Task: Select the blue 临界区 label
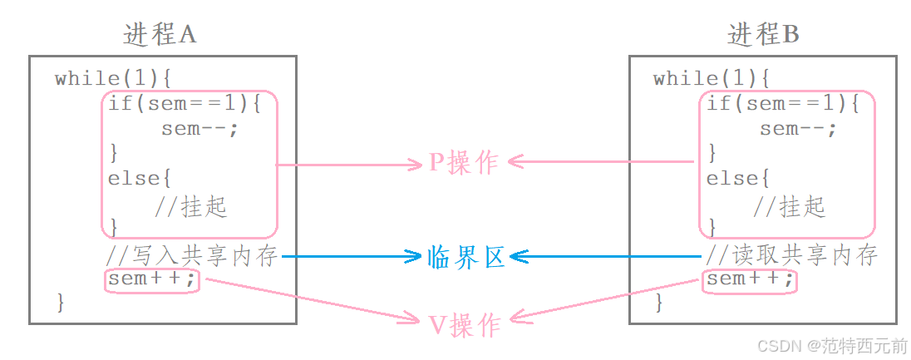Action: [x=465, y=257]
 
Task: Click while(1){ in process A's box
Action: [x=112, y=79]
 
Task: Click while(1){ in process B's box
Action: [x=711, y=79]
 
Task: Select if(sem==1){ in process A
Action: [x=185, y=104]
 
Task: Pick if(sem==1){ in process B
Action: [x=783, y=104]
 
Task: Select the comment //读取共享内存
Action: [x=791, y=255]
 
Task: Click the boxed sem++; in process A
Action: [x=153, y=280]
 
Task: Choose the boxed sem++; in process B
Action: [x=750, y=280]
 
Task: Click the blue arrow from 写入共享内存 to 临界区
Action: [x=349, y=257]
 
